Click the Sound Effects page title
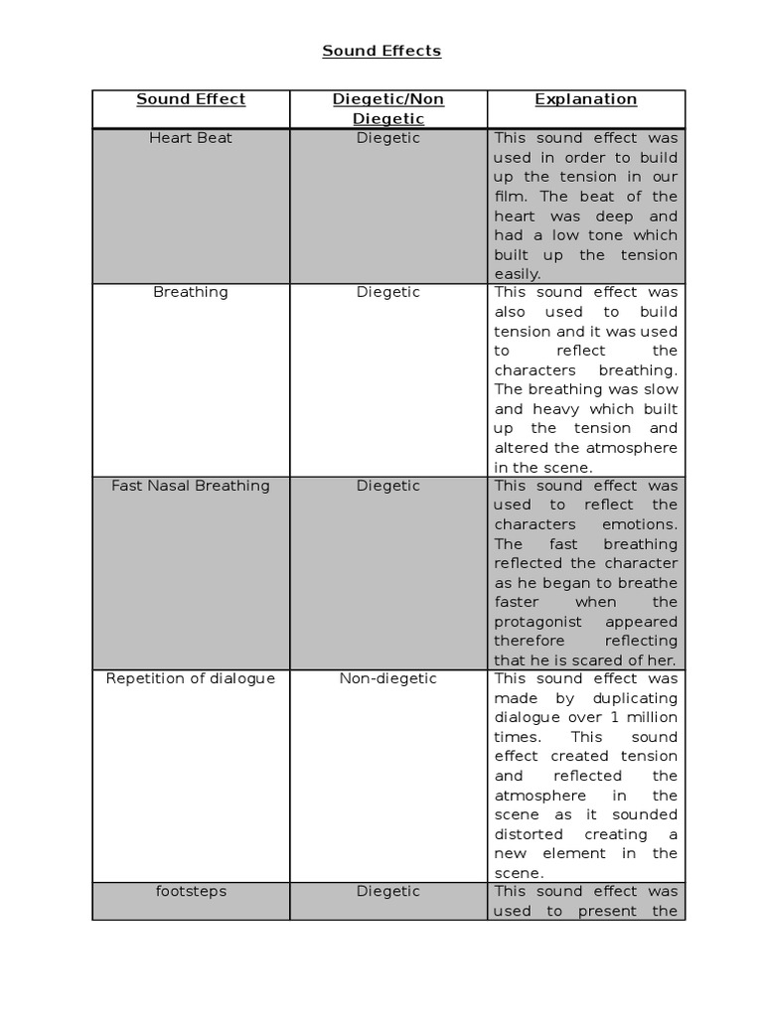pyautogui.click(x=381, y=51)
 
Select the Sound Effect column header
pyautogui.click(x=191, y=99)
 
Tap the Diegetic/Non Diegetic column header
pyautogui.click(x=388, y=109)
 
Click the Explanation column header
pyautogui.click(x=586, y=99)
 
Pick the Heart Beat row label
pyautogui.click(x=191, y=138)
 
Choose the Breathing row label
pyautogui.click(x=191, y=292)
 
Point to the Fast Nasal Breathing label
pyautogui.click(x=191, y=486)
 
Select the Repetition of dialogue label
pyautogui.click(x=191, y=678)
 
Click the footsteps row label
pyautogui.click(x=191, y=891)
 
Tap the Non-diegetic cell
pyautogui.click(x=388, y=678)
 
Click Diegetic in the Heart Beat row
pyautogui.click(x=388, y=138)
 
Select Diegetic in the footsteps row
pyautogui.click(x=388, y=891)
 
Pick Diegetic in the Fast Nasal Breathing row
pyautogui.click(x=388, y=486)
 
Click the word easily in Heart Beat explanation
pyautogui.click(x=517, y=274)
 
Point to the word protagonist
pyautogui.click(x=541, y=622)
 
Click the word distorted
pyautogui.click(x=529, y=834)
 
